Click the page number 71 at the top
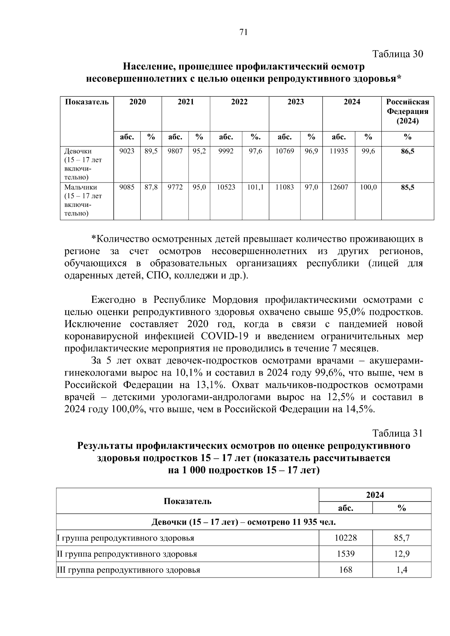[243, 32]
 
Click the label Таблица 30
[397, 54]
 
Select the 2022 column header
[239, 102]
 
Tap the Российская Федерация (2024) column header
[408, 111]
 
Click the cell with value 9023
[127, 151]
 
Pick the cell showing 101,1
[255, 187]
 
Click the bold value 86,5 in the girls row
[408, 151]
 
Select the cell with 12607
[339, 187]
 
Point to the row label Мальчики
[81, 187]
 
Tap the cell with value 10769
[285, 151]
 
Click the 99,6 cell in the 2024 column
[368, 151]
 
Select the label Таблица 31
[397, 433]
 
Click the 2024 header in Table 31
[375, 495]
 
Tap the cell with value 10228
[345, 538]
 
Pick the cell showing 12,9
[402, 554]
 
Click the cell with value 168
[345, 570]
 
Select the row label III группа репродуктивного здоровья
[128, 570]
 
